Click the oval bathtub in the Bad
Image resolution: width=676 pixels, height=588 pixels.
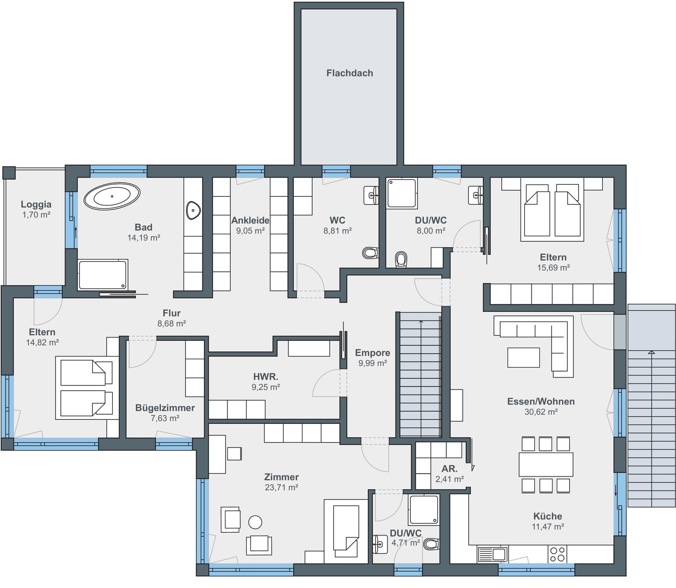pos(112,196)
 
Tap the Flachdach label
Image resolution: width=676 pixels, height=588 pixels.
pos(349,73)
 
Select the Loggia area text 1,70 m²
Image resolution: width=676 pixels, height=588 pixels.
pos(36,215)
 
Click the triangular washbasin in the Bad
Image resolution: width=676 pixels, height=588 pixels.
pos(193,210)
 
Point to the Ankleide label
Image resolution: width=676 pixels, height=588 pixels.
pos(250,220)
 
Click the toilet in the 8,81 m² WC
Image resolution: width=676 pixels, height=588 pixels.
pos(370,253)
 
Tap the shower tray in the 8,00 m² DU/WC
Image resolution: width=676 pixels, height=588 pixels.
pos(401,193)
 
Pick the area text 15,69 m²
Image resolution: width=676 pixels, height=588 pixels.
pos(553,268)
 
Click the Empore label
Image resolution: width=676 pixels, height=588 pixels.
pos(372,353)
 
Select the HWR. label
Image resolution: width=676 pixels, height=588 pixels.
pos(266,377)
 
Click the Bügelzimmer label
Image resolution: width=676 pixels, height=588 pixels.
pos(165,408)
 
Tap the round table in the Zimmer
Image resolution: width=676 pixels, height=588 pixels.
pos(255,522)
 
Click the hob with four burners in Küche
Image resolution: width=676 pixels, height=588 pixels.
pos(557,554)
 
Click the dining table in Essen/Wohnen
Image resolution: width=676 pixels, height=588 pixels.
pos(546,465)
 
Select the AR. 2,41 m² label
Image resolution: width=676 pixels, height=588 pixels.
pos(449,474)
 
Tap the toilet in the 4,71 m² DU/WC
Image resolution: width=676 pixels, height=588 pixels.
pos(432,544)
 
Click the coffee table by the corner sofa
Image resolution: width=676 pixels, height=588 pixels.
pos(524,358)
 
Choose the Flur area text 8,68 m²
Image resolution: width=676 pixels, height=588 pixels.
pos(171,324)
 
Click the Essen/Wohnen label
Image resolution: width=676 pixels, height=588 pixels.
pos(541,402)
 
